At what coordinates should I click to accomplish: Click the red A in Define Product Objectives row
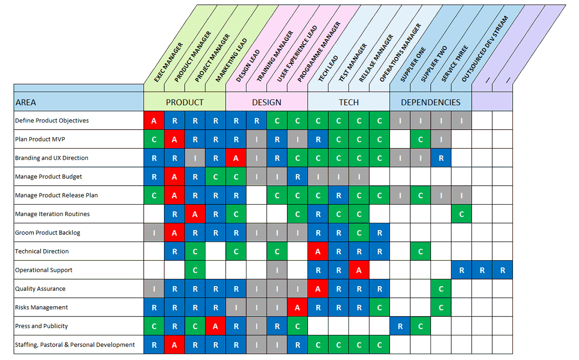coord(154,121)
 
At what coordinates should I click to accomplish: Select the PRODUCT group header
coord(185,102)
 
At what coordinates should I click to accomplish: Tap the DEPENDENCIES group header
coord(430,102)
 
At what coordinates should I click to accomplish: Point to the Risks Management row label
coord(41,307)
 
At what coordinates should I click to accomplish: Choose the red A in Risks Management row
coord(298,307)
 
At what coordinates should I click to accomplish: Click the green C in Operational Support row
coord(195,270)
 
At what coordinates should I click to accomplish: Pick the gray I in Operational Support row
coord(277,270)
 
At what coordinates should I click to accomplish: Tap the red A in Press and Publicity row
coord(216,326)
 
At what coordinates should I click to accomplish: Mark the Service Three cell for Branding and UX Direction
coord(441,158)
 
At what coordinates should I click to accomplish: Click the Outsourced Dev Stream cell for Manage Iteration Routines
coord(462,214)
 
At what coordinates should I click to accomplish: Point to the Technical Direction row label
coord(42,251)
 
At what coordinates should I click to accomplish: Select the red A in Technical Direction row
coord(318,251)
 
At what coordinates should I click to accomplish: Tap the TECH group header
coord(349,102)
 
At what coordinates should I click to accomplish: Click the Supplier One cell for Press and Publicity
coord(400,326)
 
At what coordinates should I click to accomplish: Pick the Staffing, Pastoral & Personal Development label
coord(75,345)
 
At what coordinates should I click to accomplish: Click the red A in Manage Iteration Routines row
coord(195,214)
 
